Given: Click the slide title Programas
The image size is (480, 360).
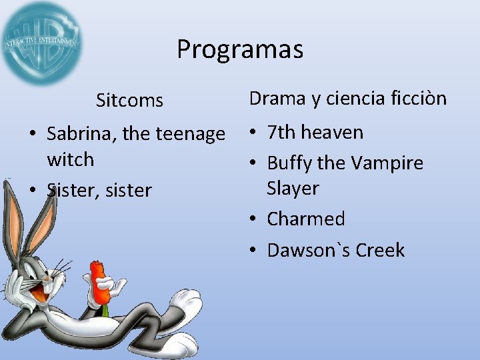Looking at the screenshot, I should click(x=239, y=49).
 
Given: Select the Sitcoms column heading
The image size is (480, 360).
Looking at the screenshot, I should click(x=129, y=101).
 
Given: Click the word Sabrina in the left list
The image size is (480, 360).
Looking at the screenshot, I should click(x=80, y=134).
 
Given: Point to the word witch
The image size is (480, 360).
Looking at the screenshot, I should click(x=71, y=160).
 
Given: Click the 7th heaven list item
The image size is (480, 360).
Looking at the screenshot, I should click(x=315, y=132).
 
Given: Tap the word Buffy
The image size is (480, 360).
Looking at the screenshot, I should click(x=289, y=163).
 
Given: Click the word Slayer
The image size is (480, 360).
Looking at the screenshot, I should click(x=293, y=189).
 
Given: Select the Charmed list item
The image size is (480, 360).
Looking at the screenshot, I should click(x=305, y=219).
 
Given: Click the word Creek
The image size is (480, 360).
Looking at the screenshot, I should click(x=380, y=250).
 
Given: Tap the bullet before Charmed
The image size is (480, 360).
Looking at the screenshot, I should click(x=254, y=219).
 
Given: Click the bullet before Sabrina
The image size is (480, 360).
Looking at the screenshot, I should click(x=33, y=135).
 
